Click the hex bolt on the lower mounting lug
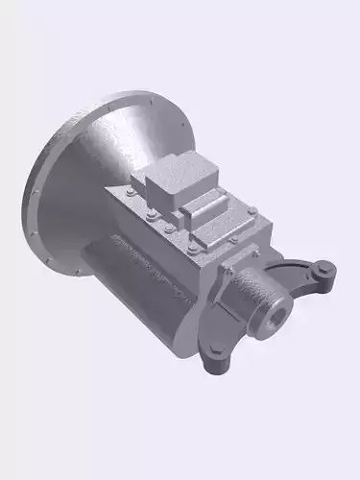pos(220,357)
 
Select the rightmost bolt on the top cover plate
pos(252,209)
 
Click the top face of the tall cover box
pos(178,173)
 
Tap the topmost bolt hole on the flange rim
pos(151,99)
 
